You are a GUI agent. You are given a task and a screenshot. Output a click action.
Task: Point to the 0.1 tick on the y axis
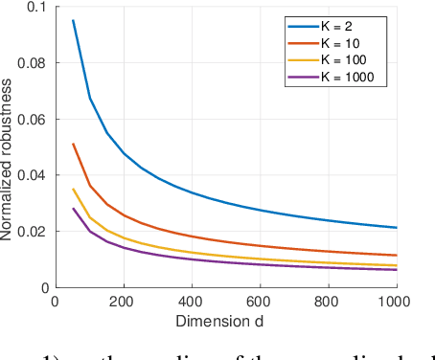point(34,7)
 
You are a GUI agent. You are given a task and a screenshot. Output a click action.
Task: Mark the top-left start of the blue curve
point(73,20)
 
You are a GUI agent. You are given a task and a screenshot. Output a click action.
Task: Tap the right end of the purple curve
point(397,270)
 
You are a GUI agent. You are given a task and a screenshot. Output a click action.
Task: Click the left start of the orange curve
point(73,144)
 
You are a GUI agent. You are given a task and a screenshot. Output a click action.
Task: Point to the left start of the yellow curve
point(73,189)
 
